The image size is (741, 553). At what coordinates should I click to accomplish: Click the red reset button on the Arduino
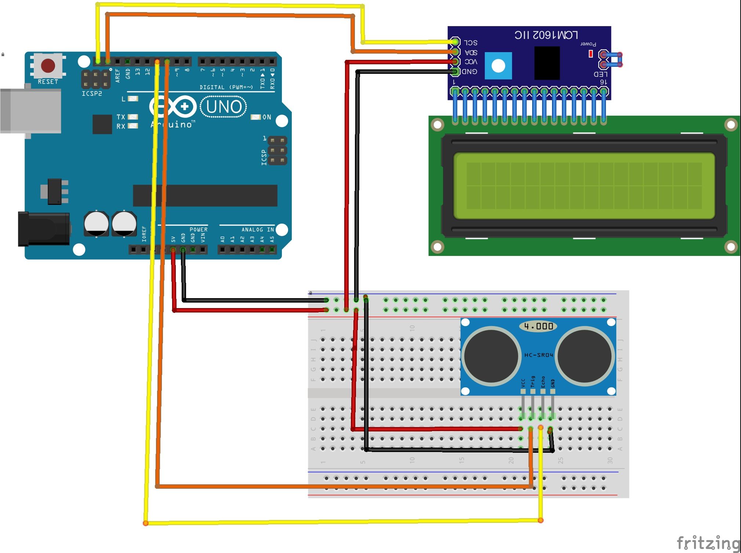pos(48,65)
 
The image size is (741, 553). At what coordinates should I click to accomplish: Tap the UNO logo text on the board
pos(224,107)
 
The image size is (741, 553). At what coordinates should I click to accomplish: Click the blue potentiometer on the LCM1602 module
pos(498,66)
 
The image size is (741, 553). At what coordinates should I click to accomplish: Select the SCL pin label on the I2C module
pos(471,43)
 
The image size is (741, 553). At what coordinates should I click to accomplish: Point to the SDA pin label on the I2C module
pos(471,52)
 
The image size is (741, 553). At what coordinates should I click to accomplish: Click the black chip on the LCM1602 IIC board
pos(546,63)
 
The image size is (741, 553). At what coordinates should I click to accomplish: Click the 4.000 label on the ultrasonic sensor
pos(538,326)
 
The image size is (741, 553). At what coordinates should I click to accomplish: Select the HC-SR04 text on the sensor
pos(538,355)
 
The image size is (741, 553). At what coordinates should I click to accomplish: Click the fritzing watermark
pos(708,543)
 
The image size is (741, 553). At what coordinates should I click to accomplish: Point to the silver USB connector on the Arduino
pos(31,111)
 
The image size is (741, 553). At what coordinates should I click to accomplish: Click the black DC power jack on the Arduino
pos(44,229)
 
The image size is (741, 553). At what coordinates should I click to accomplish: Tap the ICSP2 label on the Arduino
pos(92,94)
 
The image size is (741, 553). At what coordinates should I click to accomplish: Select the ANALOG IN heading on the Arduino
pos(257,229)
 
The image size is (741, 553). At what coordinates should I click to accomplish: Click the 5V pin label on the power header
pos(173,239)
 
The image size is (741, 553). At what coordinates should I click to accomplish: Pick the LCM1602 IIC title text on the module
pos(546,35)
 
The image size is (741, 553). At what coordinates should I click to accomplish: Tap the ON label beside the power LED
pos(267,117)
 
